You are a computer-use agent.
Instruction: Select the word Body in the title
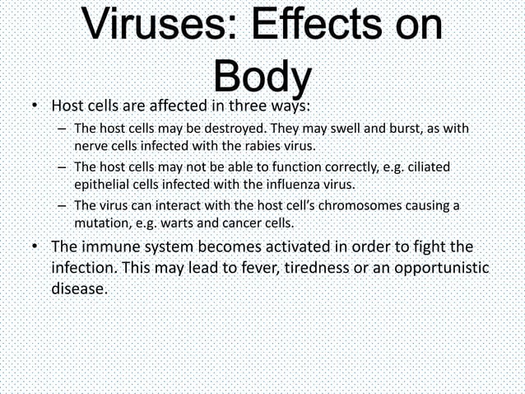262,79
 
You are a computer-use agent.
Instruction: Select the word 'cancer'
241,223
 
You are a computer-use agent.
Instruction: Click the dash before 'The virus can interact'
63,205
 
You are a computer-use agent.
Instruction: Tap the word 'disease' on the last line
79,290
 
